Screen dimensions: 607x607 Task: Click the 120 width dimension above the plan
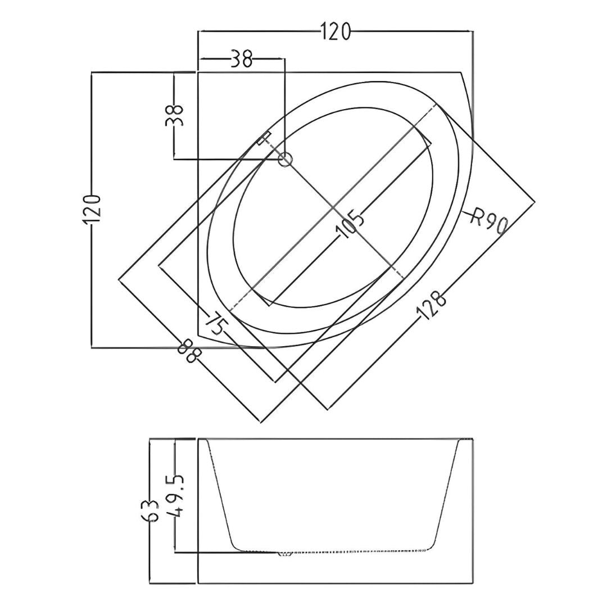pos(336,31)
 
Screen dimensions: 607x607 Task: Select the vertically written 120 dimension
pos(92,209)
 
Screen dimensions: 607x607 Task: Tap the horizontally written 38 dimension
pos(241,59)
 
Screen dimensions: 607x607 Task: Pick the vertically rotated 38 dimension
pos(174,115)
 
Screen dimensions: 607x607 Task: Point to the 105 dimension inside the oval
pos(350,224)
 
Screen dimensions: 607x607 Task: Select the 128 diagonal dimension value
pos(431,305)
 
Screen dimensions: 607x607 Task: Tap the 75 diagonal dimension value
pos(215,324)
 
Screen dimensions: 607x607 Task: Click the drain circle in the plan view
pos(286,158)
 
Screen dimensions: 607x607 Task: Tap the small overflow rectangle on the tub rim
pos(264,138)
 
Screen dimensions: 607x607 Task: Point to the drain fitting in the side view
pos(285,554)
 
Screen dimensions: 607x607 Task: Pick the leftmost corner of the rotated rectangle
pos(119,279)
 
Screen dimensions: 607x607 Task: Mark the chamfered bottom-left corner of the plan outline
pos(198,335)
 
